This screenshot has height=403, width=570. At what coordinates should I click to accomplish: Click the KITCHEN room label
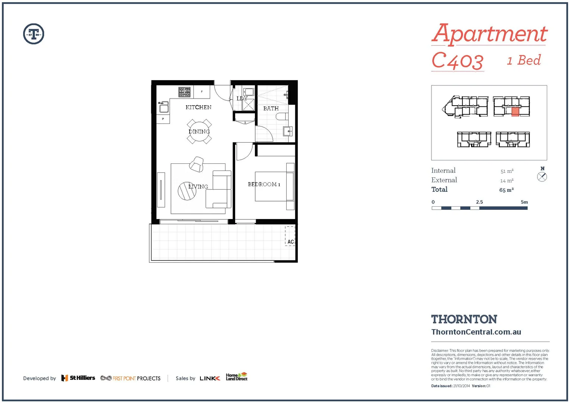pyautogui.click(x=198, y=107)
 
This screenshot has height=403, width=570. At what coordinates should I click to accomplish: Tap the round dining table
pyautogui.click(x=199, y=131)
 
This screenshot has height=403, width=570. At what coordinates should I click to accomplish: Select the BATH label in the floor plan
pyautogui.click(x=271, y=109)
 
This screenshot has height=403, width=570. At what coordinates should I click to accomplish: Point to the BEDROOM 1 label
pyautogui.click(x=264, y=184)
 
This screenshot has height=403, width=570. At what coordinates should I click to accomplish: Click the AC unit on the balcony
pyautogui.click(x=290, y=236)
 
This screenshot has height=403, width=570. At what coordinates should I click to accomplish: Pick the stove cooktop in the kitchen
pyautogui.click(x=184, y=91)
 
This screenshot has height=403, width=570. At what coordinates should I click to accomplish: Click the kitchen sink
pyautogui.click(x=163, y=108)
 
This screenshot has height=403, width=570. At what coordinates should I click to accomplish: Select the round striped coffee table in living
pyautogui.click(x=187, y=191)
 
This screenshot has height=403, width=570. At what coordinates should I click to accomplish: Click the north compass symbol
pyautogui.click(x=542, y=177)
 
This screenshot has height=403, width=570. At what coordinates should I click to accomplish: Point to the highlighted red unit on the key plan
pyautogui.click(x=515, y=112)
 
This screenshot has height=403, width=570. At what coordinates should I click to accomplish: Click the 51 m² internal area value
pyautogui.click(x=507, y=171)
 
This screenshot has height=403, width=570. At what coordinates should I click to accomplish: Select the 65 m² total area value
pyautogui.click(x=506, y=190)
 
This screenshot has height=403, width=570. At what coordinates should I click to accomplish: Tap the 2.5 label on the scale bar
pyautogui.click(x=479, y=202)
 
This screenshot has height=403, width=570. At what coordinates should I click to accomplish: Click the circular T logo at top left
pyautogui.click(x=34, y=34)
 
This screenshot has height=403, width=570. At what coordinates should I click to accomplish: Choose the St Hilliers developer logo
pyautogui.click(x=78, y=378)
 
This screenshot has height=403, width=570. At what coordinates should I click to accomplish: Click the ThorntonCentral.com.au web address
pyautogui.click(x=476, y=332)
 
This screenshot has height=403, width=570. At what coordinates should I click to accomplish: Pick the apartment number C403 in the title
pyautogui.click(x=457, y=61)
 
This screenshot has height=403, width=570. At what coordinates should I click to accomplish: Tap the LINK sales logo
pyautogui.click(x=210, y=378)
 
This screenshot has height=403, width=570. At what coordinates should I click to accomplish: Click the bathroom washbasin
pyautogui.click(x=288, y=131)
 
